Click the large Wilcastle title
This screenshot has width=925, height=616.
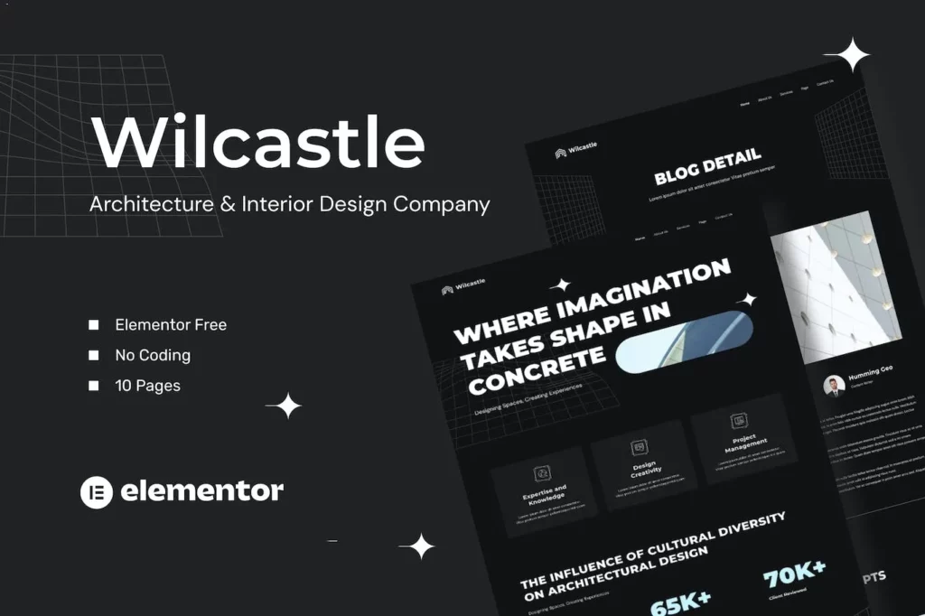(x=258, y=142)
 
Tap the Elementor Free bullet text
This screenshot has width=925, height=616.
(x=171, y=324)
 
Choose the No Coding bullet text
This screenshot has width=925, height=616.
(x=153, y=355)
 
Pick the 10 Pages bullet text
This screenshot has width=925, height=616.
(x=147, y=386)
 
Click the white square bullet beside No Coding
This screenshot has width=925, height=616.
(x=93, y=355)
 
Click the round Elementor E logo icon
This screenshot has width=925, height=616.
(x=96, y=492)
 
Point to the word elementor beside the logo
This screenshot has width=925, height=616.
(x=201, y=491)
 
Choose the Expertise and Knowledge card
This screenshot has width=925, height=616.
(x=544, y=488)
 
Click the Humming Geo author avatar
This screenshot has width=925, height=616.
(x=834, y=386)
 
